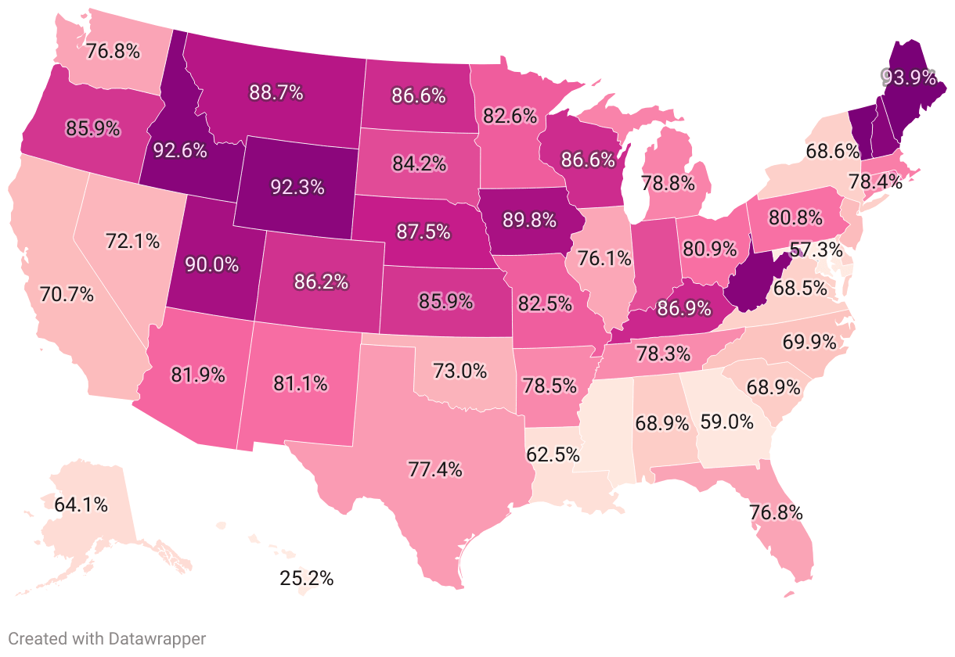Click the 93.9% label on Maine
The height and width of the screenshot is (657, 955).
pyautogui.click(x=909, y=77)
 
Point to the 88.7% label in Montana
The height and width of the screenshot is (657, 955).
pyautogui.click(x=276, y=92)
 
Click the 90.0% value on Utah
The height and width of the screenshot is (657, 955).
pyautogui.click(x=211, y=264)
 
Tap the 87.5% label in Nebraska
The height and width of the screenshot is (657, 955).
pyautogui.click(x=423, y=232)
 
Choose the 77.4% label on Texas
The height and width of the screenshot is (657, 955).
pyautogui.click(x=434, y=469)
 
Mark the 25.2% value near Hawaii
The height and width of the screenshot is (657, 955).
pyautogui.click(x=307, y=579)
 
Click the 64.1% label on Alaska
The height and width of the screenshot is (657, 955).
pyautogui.click(x=81, y=504)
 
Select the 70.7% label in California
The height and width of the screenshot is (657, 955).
pyautogui.click(x=67, y=295)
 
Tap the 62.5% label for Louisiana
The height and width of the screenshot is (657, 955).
pyautogui.click(x=553, y=454)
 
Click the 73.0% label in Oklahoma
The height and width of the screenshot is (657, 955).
pyautogui.click(x=459, y=370)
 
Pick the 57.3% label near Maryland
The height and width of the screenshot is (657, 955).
pyautogui.click(x=816, y=250)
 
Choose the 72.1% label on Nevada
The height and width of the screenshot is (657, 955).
pyautogui.click(x=132, y=241)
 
